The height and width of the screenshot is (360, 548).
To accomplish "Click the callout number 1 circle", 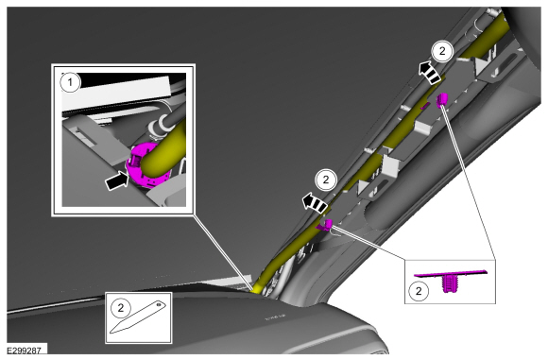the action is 70,82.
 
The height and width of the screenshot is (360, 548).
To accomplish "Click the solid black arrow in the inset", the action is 117,181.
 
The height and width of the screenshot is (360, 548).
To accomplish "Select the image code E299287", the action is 25,350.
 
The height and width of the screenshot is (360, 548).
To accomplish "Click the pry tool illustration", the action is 138,317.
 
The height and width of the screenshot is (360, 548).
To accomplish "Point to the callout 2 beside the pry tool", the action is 121,308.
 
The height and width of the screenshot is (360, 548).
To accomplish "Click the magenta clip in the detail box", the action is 450,277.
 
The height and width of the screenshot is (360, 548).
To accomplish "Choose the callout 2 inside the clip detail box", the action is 419,291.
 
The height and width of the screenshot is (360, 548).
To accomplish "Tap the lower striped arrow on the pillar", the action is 316,203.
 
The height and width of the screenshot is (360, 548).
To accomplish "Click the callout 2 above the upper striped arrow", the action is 442,51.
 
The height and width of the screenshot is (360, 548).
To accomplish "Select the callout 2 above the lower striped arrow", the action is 326,180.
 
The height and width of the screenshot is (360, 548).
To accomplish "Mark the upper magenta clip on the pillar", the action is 442,99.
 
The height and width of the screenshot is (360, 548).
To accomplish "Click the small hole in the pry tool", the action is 159,305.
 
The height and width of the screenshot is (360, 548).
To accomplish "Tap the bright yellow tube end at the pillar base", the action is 258,288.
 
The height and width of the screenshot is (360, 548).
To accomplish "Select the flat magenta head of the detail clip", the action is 450,272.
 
